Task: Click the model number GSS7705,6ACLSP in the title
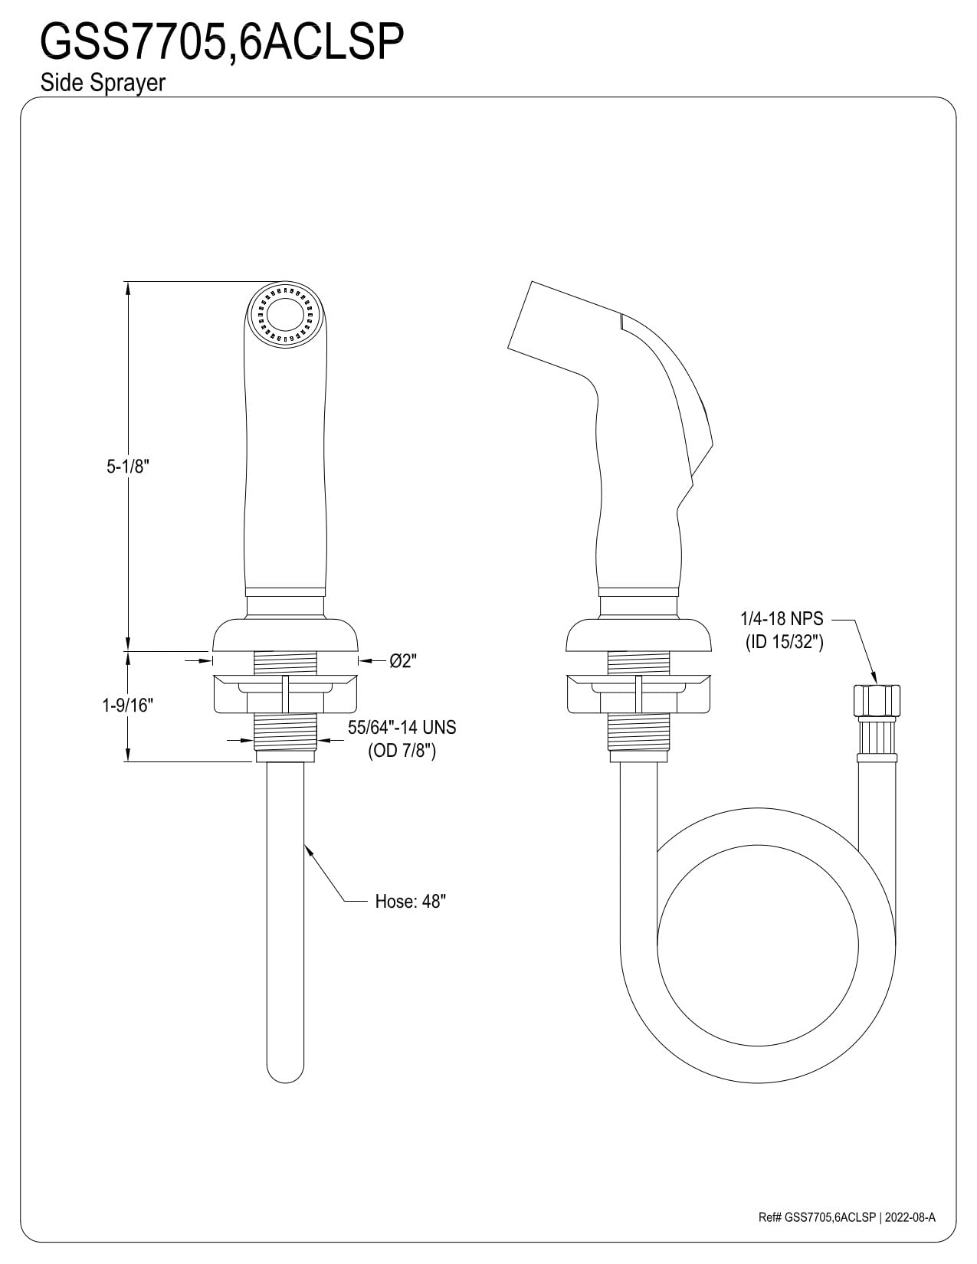[x=221, y=42]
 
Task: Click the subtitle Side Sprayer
[x=103, y=84]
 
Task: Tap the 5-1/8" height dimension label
[x=127, y=467]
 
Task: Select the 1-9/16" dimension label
[x=128, y=705]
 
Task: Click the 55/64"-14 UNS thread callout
[x=402, y=727]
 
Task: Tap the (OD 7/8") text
[x=402, y=751]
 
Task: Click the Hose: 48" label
[x=410, y=902]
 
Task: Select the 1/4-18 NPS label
[x=782, y=619]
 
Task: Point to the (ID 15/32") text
[x=784, y=642]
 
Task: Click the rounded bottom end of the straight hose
[x=284, y=1069]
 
